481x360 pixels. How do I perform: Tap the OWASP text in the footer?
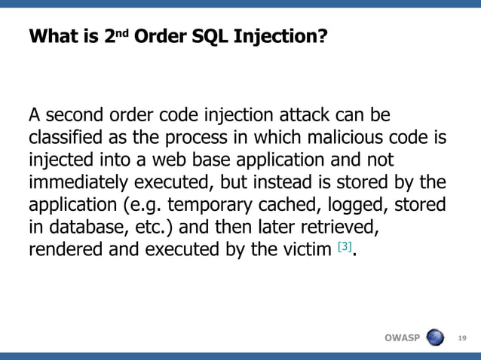pos(401,337)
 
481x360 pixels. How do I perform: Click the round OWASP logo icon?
pos(436,336)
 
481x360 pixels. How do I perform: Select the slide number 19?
pos(463,337)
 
